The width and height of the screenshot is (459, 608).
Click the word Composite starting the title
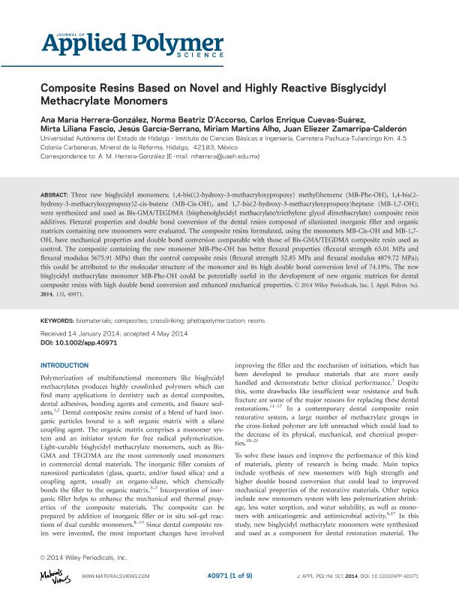(x=68, y=86)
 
